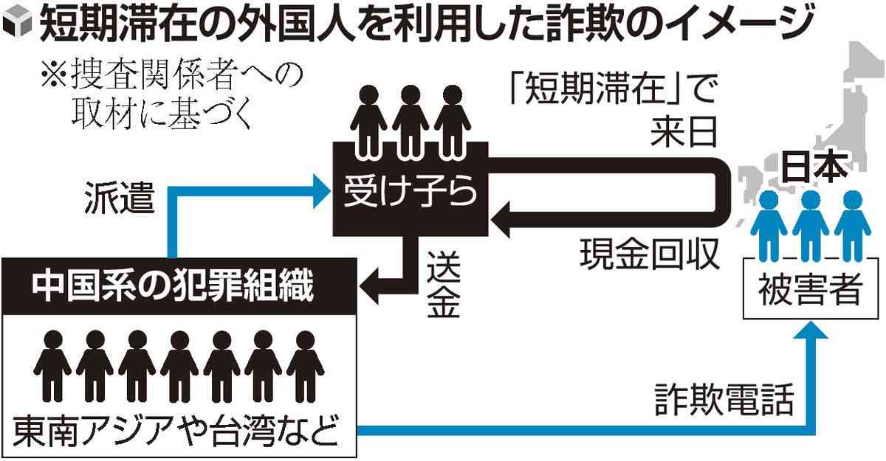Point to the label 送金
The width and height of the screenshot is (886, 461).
click(x=443, y=284)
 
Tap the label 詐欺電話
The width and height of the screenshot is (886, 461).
click(x=724, y=402)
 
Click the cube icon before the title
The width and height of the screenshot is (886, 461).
click(x=17, y=27)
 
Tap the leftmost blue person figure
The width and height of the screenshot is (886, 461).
click(x=769, y=221)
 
